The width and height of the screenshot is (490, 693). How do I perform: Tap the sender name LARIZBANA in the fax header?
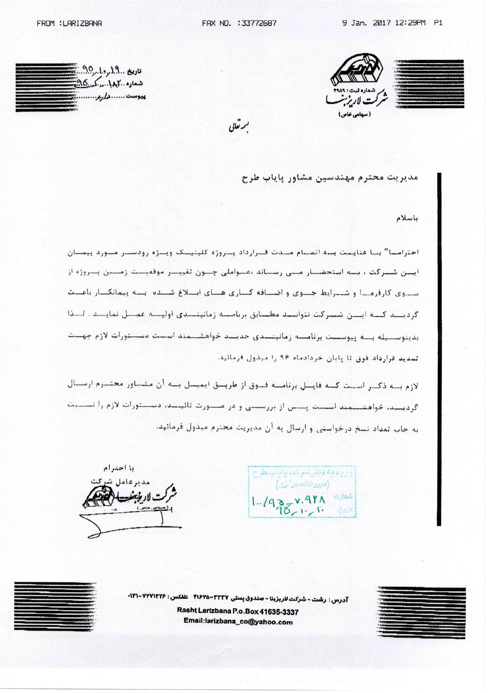tap(82, 23)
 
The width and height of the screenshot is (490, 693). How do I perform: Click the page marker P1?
tap(438, 23)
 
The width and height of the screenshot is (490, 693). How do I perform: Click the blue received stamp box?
tap(302, 492)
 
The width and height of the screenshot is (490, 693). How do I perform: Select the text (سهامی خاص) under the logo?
tap(354, 114)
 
